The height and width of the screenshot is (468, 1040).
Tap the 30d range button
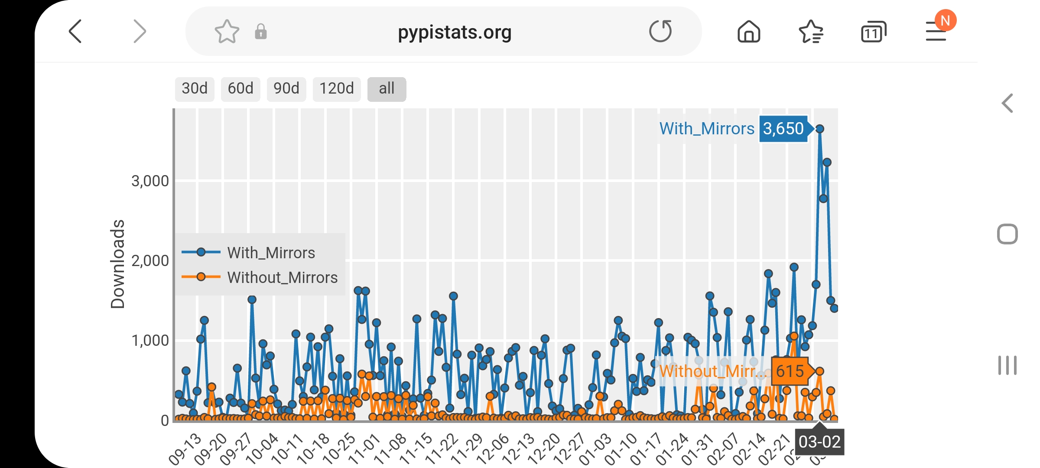pos(195,89)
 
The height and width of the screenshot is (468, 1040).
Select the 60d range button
pos(240,89)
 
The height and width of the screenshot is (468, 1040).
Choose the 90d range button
pos(286,89)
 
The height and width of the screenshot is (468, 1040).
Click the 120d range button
pos(337,89)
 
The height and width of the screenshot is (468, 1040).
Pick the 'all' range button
pos(387,89)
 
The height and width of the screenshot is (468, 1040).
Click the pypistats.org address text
pos(455,32)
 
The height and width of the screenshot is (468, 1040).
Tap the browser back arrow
pos(75,31)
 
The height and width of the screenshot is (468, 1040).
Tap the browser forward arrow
pos(139,31)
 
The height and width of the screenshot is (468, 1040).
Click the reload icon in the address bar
pos(660,31)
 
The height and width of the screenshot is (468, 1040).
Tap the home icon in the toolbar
pos(749,32)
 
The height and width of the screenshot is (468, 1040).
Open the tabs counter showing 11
pos(873,32)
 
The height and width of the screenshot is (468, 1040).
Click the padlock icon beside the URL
pos(260,32)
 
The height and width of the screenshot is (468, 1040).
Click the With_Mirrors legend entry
pos(271,253)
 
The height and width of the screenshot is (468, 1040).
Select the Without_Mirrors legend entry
pos(282,277)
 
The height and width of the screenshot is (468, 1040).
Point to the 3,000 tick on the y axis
pos(150,181)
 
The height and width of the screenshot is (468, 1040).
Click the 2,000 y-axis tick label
pos(150,261)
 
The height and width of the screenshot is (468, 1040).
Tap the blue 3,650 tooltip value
pos(783,129)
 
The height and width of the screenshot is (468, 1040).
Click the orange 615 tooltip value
pos(790,371)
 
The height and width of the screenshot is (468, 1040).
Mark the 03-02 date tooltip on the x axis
pos(819,442)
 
